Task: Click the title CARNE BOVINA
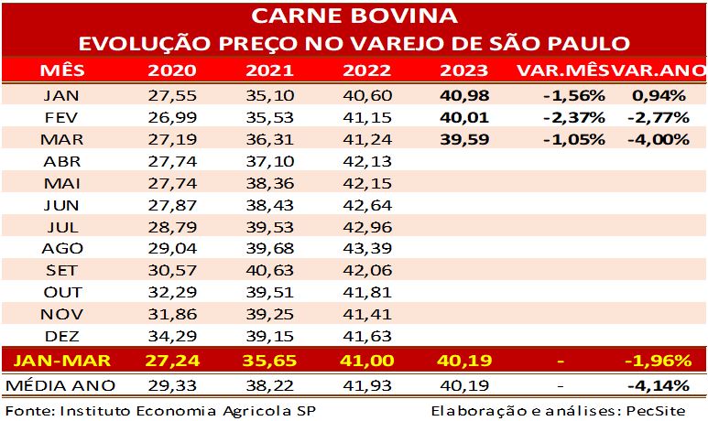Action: tap(354, 16)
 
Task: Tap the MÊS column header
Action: tap(60, 71)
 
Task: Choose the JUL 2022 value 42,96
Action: tap(366, 226)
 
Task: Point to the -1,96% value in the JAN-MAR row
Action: tap(656, 360)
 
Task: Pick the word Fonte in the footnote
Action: tap(27, 409)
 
